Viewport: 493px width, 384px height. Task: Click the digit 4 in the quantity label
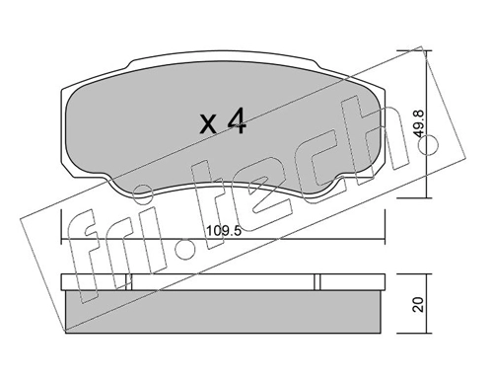pos(235,122)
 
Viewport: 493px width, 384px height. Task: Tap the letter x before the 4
pos(208,125)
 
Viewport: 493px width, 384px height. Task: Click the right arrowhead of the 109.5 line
pos(379,243)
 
